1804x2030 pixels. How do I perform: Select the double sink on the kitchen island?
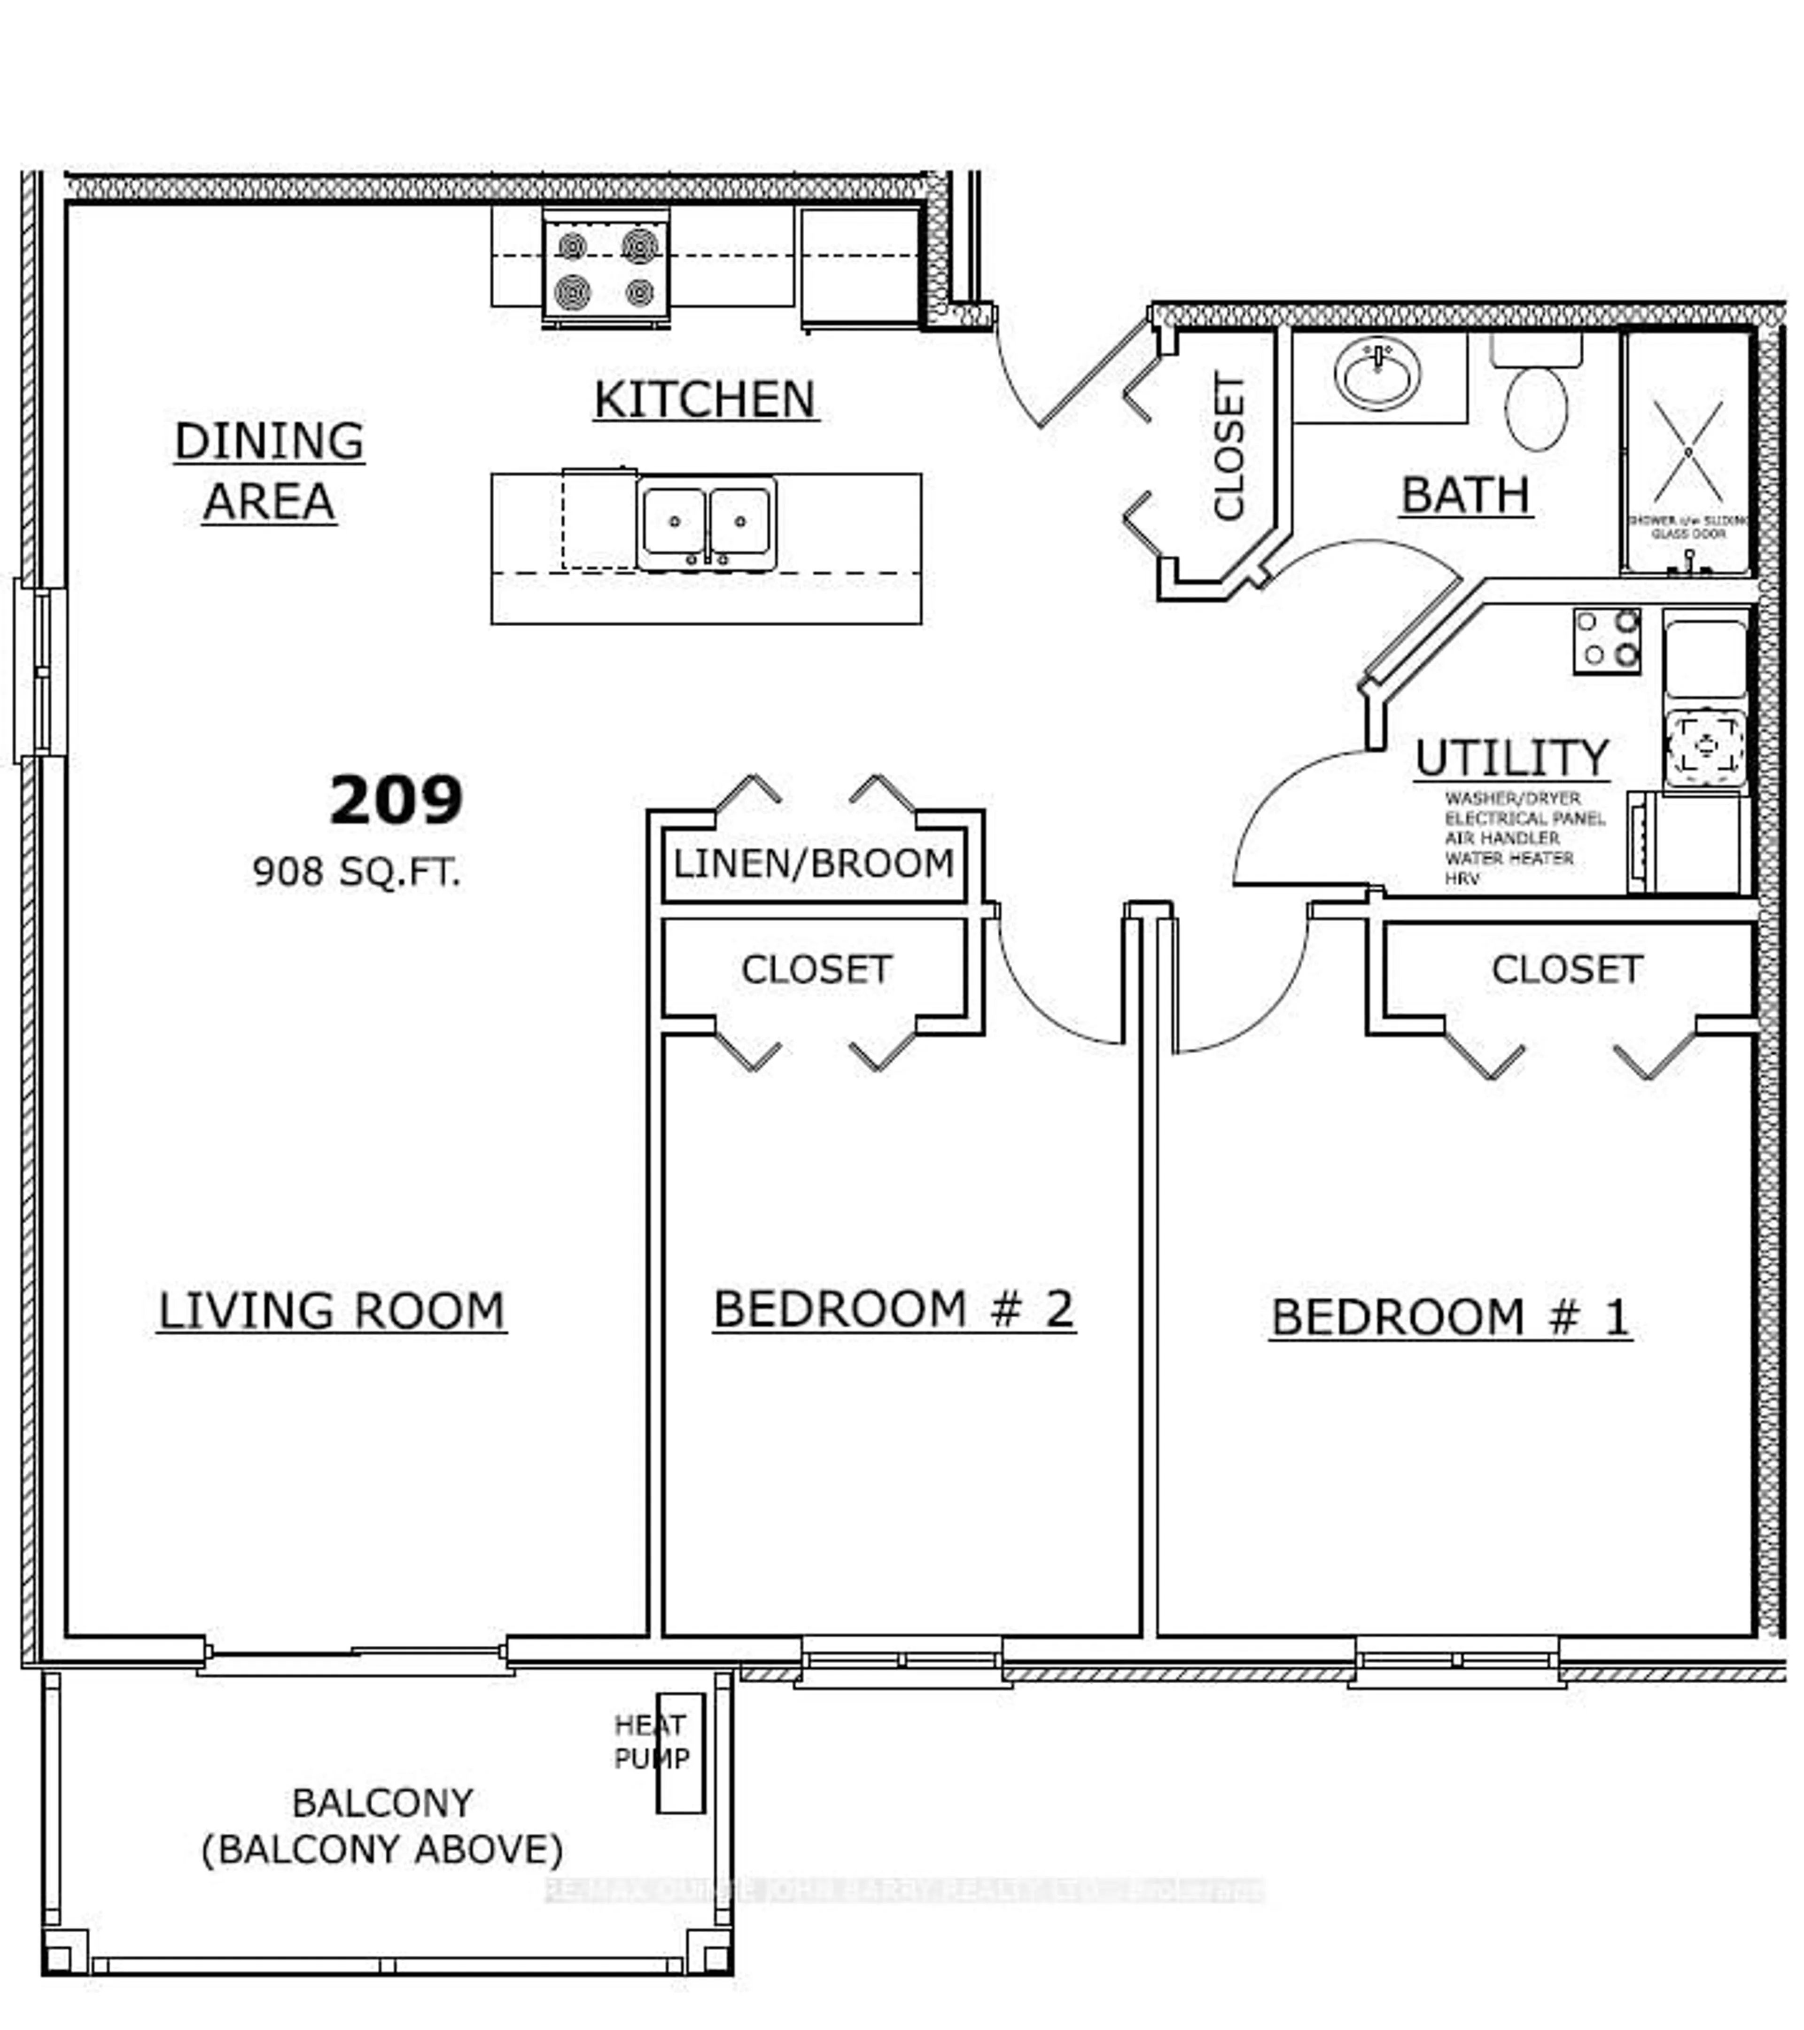tap(706, 523)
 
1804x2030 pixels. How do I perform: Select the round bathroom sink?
tap(1377, 374)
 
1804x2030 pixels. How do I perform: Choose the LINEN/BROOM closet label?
tap(813, 863)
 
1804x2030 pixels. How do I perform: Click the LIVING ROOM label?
tap(332, 1311)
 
